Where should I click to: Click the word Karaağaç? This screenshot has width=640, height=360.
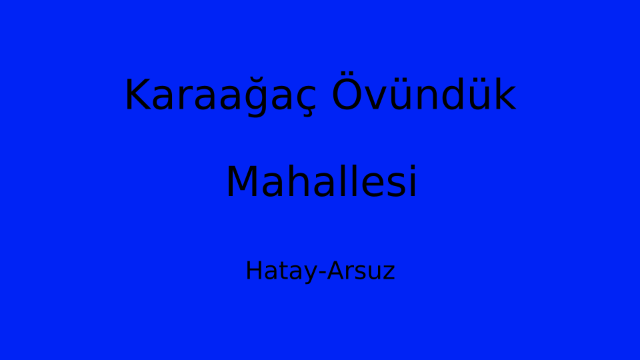221,95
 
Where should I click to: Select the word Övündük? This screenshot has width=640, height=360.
424,91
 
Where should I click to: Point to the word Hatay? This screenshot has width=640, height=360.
281,271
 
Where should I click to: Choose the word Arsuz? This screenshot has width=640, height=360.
361,271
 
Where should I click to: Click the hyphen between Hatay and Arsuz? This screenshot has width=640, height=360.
322,272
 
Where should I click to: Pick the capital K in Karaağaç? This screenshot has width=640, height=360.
137,94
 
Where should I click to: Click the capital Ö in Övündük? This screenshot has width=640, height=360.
347,91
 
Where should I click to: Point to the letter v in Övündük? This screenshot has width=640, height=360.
376,98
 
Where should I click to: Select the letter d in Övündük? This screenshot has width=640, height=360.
452,93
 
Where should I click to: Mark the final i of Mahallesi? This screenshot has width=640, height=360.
413,181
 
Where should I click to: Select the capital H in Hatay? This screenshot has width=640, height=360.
254,270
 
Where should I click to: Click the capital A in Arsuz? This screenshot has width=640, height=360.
335,270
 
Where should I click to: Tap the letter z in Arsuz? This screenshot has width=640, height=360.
389,273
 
